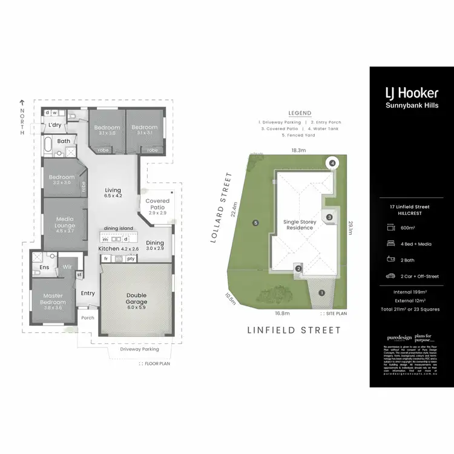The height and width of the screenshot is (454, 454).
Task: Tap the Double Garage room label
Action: click(x=136, y=298)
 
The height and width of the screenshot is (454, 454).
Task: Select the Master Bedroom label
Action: click(x=53, y=298)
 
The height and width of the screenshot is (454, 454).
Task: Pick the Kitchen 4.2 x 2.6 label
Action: click(x=119, y=249)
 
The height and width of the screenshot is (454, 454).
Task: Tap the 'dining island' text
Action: click(x=118, y=228)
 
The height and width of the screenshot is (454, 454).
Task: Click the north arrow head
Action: click(x=22, y=102)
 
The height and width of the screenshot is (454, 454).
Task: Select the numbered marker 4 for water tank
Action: click(x=332, y=163)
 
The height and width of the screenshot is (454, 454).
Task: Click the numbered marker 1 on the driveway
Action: click(x=321, y=293)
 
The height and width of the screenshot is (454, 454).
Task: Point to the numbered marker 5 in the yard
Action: click(x=256, y=223)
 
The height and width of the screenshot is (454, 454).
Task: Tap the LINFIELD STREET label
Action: click(x=294, y=331)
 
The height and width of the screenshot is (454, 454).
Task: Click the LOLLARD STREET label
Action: click(x=221, y=208)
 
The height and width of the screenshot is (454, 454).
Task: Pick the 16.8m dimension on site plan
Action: click(x=283, y=314)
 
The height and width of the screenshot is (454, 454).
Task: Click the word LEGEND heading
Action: click(x=300, y=113)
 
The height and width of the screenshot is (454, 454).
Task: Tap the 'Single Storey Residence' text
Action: click(x=300, y=226)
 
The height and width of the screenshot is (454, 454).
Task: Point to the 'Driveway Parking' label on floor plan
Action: click(x=139, y=349)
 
